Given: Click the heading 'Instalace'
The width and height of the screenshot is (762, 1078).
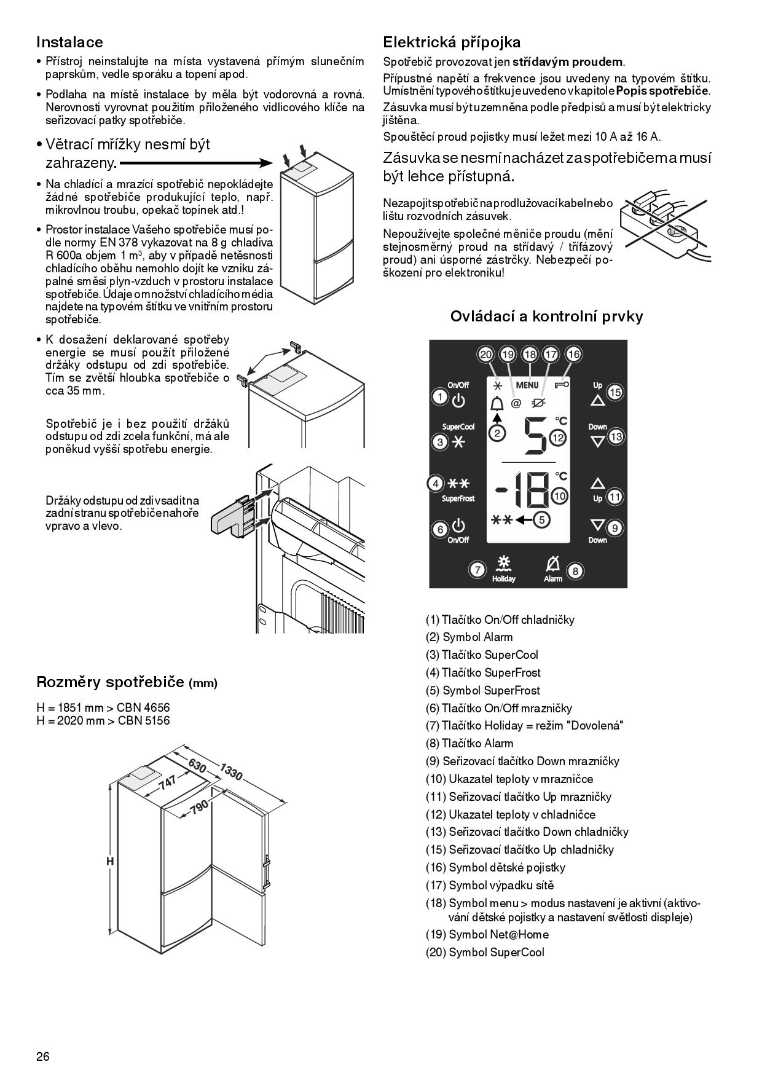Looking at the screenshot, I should coord(69,42).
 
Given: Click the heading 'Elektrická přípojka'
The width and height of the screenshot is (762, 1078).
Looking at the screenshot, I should coord(451,42).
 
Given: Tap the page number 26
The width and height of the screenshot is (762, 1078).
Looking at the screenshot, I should coord(43,1056).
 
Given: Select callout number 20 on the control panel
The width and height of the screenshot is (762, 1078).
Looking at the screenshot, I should coord(486,355).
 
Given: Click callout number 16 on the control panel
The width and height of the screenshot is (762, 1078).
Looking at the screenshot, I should coord(573,355).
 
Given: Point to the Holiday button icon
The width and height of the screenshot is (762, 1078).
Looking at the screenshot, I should coord(504,565).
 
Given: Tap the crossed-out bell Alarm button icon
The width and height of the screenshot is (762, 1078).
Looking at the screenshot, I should coord(552,564).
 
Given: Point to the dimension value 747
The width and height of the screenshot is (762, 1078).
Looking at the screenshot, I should coord(167,783).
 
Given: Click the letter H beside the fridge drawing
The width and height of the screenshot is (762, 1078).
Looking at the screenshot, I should coord(110,862).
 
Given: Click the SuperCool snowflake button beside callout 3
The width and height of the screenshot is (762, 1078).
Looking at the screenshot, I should coord(458,443).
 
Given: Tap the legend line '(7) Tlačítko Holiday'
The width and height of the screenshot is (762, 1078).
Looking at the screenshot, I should coord(524,726).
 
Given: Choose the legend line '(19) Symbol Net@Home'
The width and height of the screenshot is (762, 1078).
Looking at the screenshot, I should coord(487,935).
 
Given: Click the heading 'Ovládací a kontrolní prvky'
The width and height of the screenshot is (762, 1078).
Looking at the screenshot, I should coord(546,317).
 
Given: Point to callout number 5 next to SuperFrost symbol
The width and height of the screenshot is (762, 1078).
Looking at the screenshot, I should coord(541,520).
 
